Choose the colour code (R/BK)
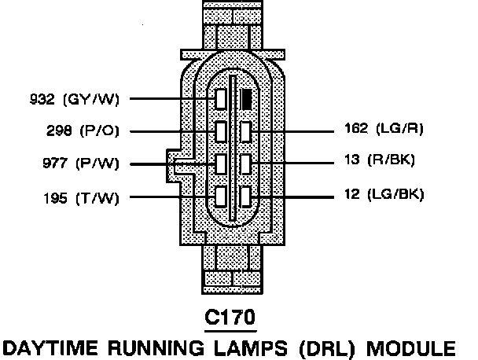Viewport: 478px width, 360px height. [392, 161]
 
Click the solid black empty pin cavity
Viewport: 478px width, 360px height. [247, 99]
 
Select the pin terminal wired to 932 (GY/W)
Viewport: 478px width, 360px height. [222, 99]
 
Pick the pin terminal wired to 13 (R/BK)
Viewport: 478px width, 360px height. [247, 163]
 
